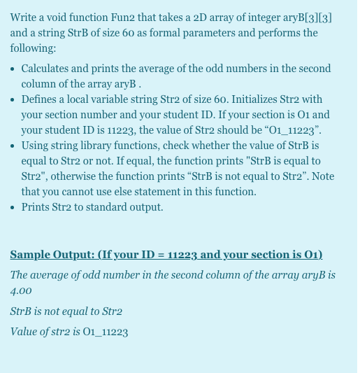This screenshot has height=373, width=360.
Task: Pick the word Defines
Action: tap(39, 99)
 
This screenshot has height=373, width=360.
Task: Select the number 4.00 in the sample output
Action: tap(21, 290)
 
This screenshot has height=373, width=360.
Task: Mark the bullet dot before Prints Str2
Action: tap(14, 207)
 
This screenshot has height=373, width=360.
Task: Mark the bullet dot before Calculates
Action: tap(14, 69)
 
